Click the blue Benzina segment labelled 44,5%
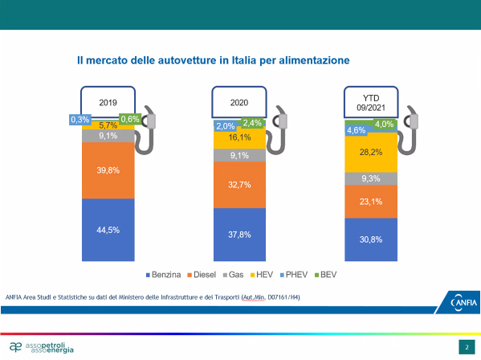(108, 230)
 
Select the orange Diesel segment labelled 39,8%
(108, 170)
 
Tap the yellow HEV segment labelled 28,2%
(371, 153)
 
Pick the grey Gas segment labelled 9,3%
(371, 178)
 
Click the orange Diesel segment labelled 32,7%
(239, 185)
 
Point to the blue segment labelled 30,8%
(371, 239)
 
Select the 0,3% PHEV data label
(80, 120)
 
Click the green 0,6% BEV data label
(130, 119)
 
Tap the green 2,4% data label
(252, 123)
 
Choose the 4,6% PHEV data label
(357, 130)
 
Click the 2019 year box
(108, 102)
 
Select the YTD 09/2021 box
(371, 103)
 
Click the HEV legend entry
(262, 274)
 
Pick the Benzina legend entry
(163, 274)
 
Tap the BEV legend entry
(326, 274)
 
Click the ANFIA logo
(463, 303)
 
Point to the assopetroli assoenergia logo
(42, 347)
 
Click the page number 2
(467, 347)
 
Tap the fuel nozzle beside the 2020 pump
(278, 129)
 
